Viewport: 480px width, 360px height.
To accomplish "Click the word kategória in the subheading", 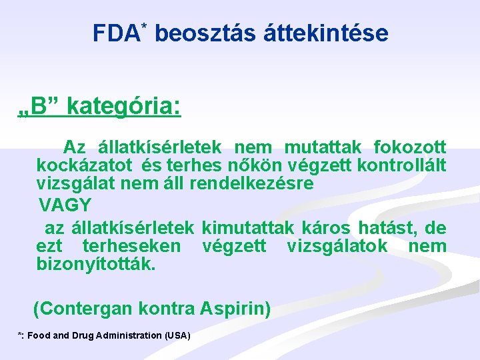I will point(124,106).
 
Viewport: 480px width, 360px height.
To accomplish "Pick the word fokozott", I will point(410,147).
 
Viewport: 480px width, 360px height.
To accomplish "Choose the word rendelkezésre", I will point(251,183).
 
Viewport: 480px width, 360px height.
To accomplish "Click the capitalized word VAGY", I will point(65,204).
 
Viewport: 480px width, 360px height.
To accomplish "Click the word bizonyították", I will point(97,264).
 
